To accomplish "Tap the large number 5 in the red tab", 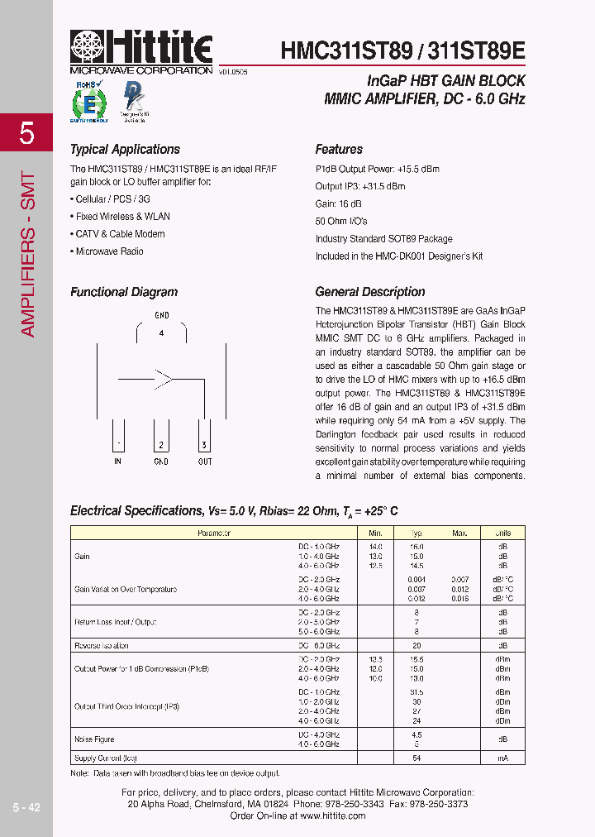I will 27,133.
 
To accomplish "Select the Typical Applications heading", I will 125,150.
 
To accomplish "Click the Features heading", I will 339,150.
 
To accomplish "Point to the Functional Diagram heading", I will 124,292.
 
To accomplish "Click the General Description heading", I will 370,292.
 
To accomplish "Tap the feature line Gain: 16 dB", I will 339,203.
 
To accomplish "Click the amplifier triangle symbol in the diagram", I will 162,380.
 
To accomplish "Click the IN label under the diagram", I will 118,462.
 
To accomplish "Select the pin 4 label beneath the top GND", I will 162,332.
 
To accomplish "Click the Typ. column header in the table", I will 416,533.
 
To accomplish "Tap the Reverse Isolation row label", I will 102,645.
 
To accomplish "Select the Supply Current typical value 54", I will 416,758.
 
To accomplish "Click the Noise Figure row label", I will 94,739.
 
